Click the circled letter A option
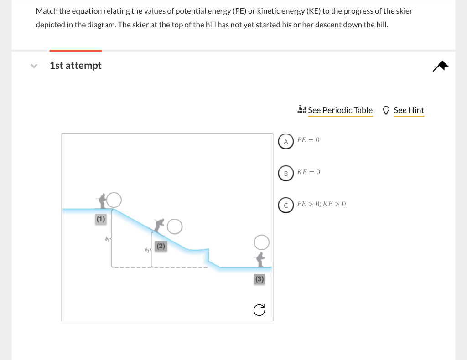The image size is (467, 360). (286, 141)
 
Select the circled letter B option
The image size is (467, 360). (286, 173)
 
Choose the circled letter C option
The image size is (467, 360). (286, 205)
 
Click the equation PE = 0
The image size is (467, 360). (308, 140)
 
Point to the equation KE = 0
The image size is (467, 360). (309, 172)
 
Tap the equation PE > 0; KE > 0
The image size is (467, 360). (322, 204)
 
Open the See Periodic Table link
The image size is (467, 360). (340, 110)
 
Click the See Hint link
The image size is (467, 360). (409, 110)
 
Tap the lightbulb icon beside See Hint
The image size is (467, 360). (386, 110)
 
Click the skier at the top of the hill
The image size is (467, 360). (103, 200)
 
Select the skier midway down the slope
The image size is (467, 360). (159, 225)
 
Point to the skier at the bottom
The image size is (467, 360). (260, 259)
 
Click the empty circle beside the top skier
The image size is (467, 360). (114, 200)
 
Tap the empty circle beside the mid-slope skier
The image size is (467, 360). (175, 226)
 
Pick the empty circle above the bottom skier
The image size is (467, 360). (262, 242)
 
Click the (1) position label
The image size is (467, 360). (100, 219)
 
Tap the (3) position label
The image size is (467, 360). (259, 279)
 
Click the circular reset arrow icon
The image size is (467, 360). (259, 310)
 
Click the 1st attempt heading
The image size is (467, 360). (76, 66)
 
